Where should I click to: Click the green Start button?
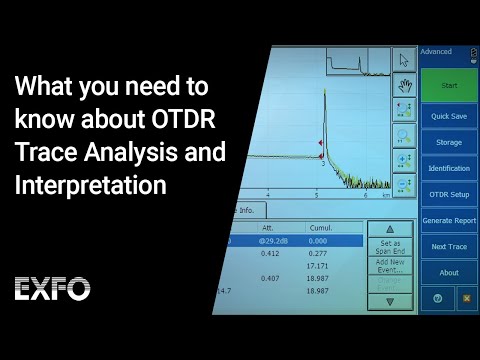(449, 85)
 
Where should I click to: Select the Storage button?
(449, 143)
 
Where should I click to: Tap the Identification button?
(449, 168)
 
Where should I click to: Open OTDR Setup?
(449, 194)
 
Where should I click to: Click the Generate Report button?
(449, 220)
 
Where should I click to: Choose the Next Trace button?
(449, 246)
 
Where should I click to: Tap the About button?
(449, 272)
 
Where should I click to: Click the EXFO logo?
(57, 289)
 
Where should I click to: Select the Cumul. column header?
(320, 227)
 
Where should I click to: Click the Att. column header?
(270, 227)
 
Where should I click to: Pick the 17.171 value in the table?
(318, 265)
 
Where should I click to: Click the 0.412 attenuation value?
(270, 253)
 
